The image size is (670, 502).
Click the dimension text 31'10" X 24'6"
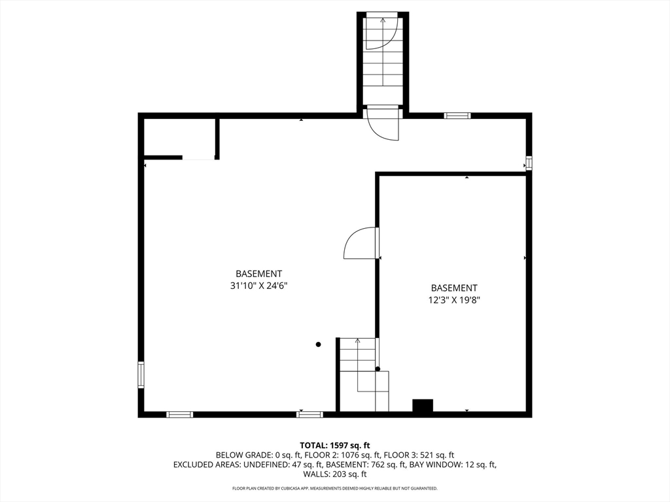click(x=258, y=286)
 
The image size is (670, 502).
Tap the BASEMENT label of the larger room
click(x=258, y=274)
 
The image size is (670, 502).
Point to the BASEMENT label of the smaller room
click(x=453, y=288)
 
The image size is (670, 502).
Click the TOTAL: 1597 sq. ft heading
click(x=334, y=445)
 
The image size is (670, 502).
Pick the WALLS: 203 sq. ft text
click(x=334, y=475)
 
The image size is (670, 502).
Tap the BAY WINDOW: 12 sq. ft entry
click(x=453, y=465)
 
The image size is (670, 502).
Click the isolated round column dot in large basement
click(x=319, y=344)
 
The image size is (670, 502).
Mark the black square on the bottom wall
click(x=423, y=406)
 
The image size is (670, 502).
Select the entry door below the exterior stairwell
click(x=383, y=124)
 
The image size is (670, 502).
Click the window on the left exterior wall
click(x=141, y=375)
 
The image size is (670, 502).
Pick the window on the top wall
click(x=457, y=116)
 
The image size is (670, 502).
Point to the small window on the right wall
click(x=528, y=163)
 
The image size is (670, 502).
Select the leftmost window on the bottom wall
click(x=179, y=414)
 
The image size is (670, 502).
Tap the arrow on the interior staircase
click(x=357, y=342)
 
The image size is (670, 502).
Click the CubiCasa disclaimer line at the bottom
click(x=334, y=488)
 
